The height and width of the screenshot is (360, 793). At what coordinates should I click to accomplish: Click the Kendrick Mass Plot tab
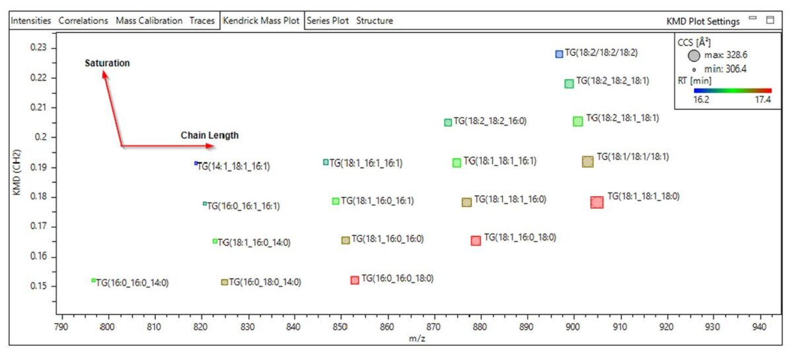tap(261, 20)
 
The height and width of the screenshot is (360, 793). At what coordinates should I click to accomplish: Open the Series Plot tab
tap(328, 20)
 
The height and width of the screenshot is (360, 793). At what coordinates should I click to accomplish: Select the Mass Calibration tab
tap(149, 20)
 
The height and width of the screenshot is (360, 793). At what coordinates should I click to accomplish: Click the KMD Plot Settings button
tap(702, 21)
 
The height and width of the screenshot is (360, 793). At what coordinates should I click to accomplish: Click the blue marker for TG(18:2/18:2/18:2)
tap(559, 54)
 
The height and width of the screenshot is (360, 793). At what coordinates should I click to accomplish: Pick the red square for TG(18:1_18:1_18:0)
tap(597, 202)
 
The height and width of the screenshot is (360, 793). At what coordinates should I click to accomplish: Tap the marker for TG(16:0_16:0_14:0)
tap(93, 280)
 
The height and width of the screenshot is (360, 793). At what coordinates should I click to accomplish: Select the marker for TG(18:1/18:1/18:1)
tap(587, 161)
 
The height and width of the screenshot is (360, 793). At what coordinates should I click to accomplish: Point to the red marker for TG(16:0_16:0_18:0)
tap(354, 280)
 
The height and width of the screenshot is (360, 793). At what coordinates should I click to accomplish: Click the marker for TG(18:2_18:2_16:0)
tap(448, 122)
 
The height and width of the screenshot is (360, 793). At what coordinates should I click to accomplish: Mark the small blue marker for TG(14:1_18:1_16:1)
tap(196, 163)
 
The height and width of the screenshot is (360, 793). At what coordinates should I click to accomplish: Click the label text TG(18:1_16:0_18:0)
tap(520, 237)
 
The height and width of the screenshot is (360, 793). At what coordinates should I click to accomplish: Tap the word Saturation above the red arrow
tap(107, 63)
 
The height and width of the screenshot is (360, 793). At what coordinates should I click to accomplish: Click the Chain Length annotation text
tap(209, 135)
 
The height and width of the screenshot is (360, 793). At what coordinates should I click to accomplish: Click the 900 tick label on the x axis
tap(573, 327)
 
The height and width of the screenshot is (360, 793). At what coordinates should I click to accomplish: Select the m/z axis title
tap(417, 339)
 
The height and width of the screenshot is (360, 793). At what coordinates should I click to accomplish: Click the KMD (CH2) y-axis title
tap(17, 172)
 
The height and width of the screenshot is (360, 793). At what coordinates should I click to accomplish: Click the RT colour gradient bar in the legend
tap(732, 90)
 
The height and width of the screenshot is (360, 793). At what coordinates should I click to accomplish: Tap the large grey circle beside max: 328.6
tap(694, 55)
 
